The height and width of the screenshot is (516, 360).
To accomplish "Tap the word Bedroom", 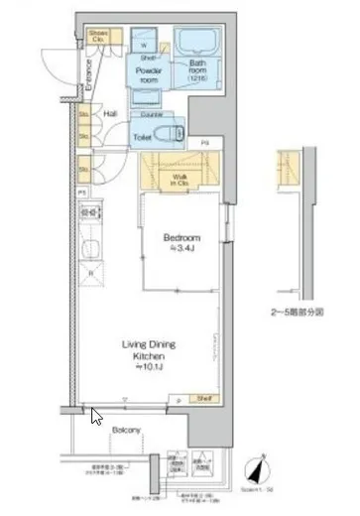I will click(181, 238).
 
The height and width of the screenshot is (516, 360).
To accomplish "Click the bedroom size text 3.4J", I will click(183, 249).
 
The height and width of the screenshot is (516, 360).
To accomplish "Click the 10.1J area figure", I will click(149, 366).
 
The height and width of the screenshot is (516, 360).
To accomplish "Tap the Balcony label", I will click(124, 430).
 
